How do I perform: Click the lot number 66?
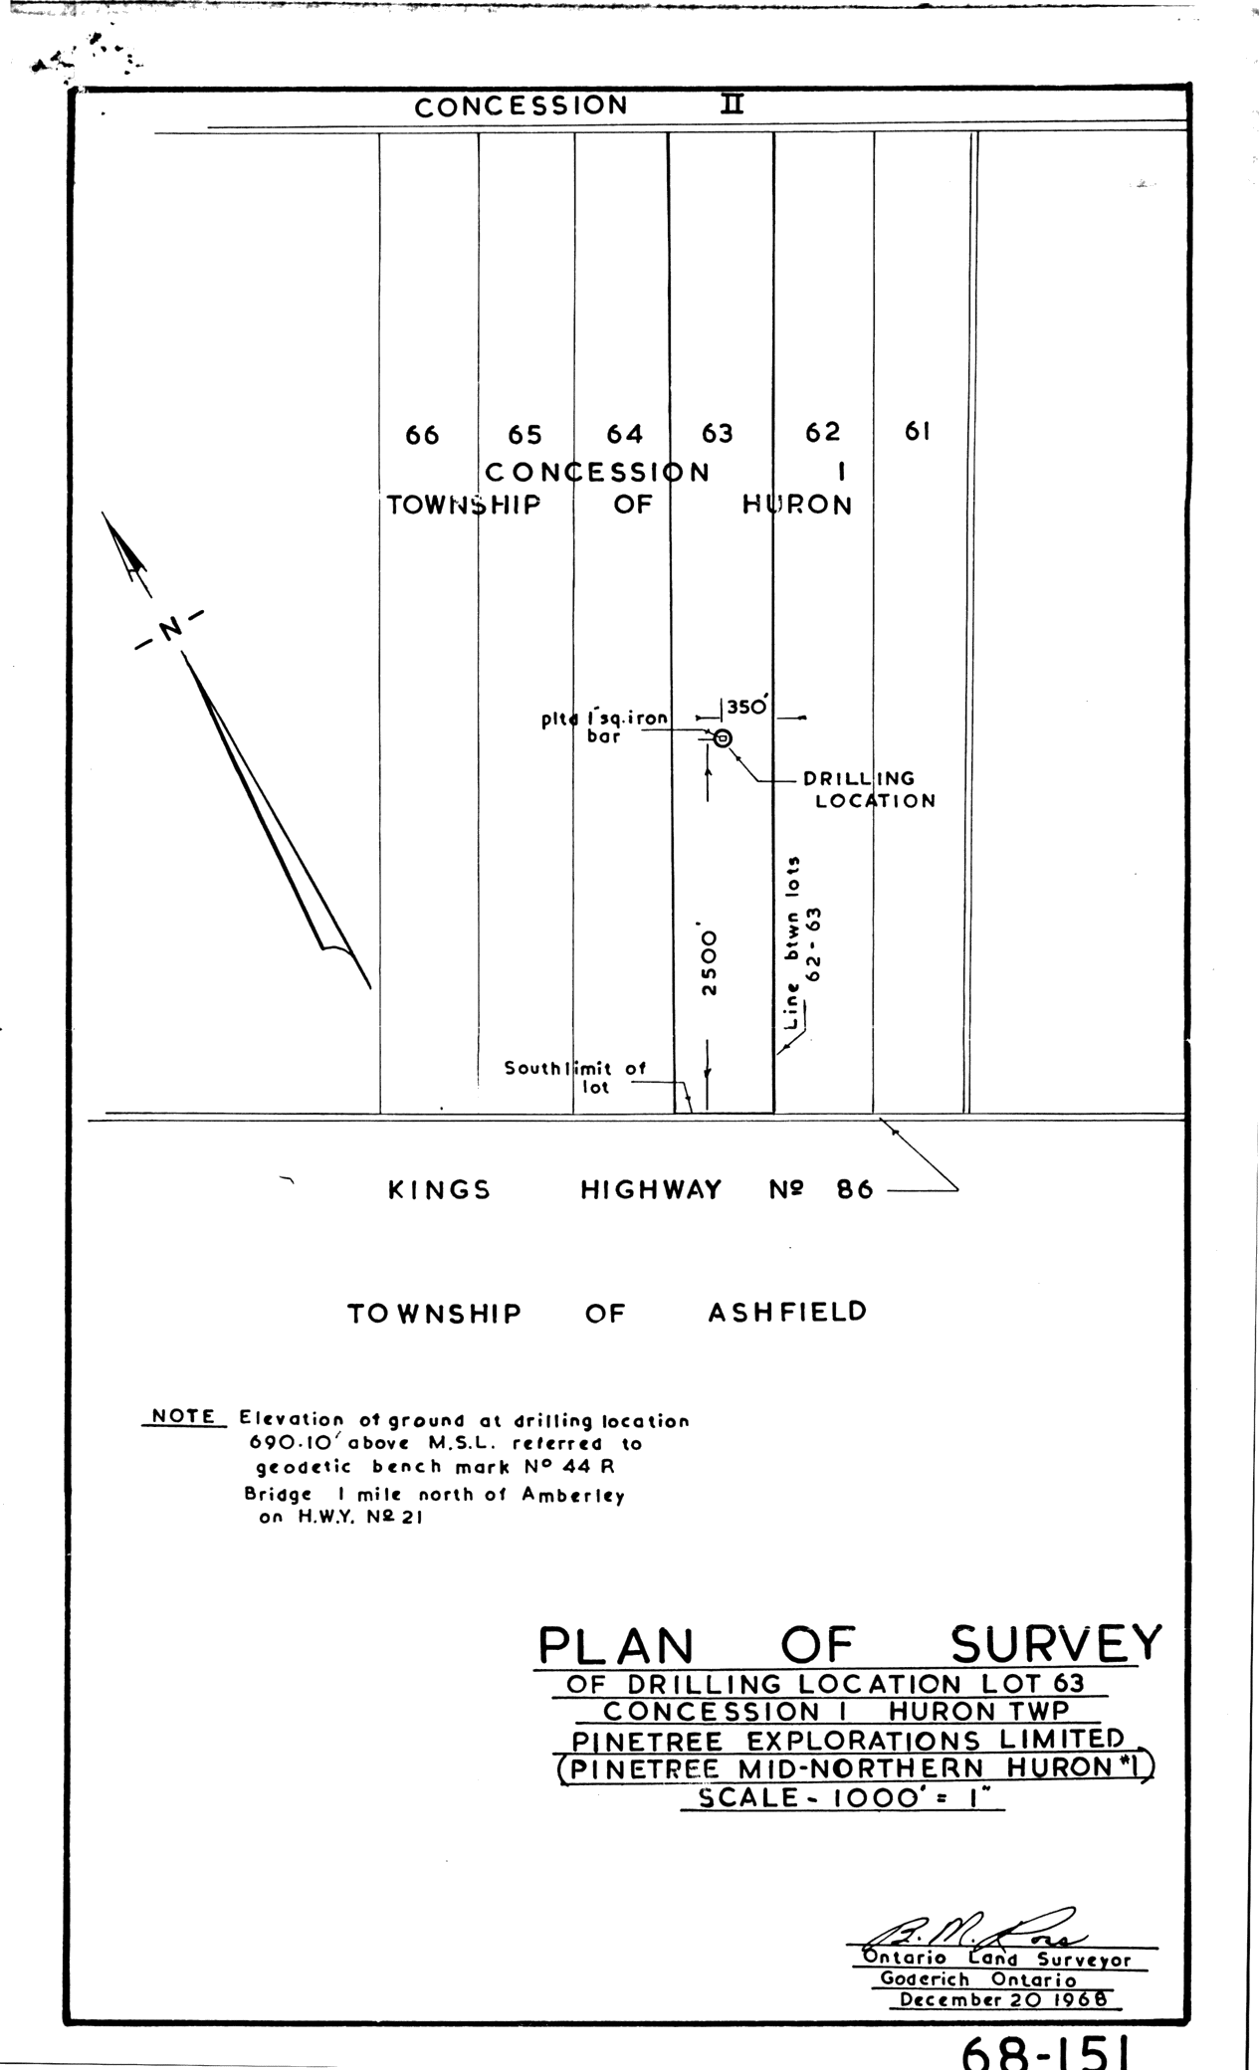pyautogui.click(x=422, y=436)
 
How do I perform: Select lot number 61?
pyautogui.click(x=917, y=432)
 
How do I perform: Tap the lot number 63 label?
pyautogui.click(x=717, y=433)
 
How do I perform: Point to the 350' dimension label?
pyautogui.click(x=746, y=708)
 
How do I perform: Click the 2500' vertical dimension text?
pyautogui.click(x=708, y=961)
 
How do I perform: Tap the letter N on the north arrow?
pyautogui.click(x=170, y=628)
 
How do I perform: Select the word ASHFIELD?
pyautogui.click(x=786, y=1313)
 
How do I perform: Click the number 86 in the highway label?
pyautogui.click(x=854, y=1189)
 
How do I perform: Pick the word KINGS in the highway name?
pyautogui.click(x=439, y=1190)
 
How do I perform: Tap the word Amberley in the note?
pyautogui.click(x=573, y=1496)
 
